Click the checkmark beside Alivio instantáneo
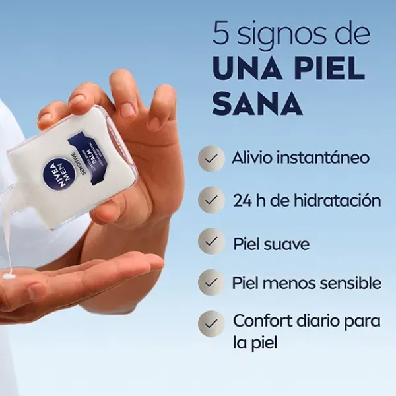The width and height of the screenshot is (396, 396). pyautogui.click(x=211, y=159)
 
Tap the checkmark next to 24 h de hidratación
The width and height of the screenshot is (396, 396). pyautogui.click(x=211, y=199)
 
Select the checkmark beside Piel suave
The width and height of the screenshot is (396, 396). pyautogui.click(x=211, y=242)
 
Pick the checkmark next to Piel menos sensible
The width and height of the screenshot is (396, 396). pyautogui.click(x=211, y=282)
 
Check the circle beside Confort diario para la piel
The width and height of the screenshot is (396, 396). pyautogui.click(x=211, y=323)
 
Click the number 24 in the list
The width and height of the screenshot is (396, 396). pyautogui.click(x=240, y=200)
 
